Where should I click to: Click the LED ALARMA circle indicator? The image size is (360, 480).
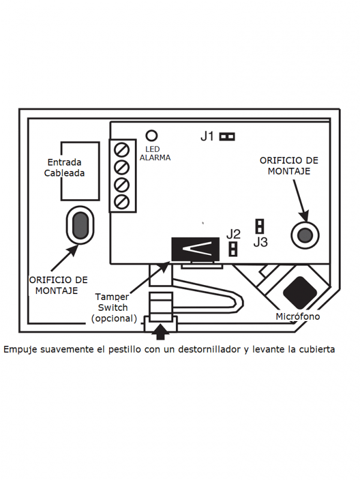click(152, 136)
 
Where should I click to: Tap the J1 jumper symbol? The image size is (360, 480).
click(227, 137)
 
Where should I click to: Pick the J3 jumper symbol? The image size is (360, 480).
click(260, 226)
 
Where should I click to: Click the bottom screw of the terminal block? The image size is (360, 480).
click(122, 200)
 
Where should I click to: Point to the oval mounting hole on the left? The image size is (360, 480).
click(80, 224)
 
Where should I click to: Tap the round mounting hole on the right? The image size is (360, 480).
click(304, 233)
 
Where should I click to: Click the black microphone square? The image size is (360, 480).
click(301, 292)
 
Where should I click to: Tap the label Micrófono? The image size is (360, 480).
click(298, 316)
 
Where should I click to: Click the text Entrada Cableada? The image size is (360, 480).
click(64, 168)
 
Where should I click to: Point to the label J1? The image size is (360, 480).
click(207, 137)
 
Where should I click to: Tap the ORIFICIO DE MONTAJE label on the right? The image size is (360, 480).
click(289, 166)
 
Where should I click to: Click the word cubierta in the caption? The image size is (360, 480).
click(314, 349)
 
